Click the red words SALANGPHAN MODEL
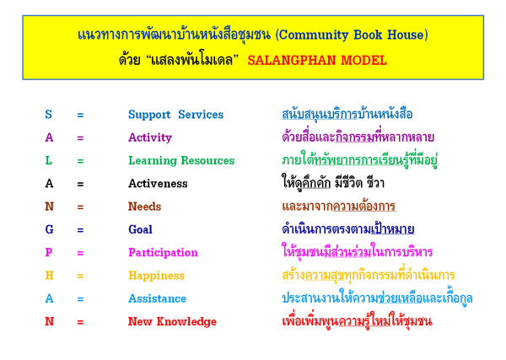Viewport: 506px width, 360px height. (317, 61)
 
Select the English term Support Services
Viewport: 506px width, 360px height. (176, 115)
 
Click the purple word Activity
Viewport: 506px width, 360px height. (150, 138)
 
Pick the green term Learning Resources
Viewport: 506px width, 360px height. (181, 161)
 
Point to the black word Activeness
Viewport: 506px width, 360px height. (158, 184)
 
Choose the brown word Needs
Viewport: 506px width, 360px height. (144, 207)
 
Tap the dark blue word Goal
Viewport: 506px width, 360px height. (140, 229)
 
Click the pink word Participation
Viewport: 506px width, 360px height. (163, 253)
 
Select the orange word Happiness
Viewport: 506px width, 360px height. (157, 277)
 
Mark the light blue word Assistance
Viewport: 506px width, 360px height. (157, 298)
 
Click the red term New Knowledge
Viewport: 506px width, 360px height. (172, 322)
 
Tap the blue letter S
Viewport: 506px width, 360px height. (48, 115)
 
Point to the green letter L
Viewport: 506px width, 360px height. (48, 160)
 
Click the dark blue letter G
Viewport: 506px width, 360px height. (49, 229)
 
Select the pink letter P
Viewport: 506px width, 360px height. (49, 252)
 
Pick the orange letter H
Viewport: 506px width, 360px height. (49, 276)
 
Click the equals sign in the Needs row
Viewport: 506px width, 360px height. (80, 207)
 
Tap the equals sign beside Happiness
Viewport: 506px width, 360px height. (80, 277)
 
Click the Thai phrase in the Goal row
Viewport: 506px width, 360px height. (348, 229)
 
